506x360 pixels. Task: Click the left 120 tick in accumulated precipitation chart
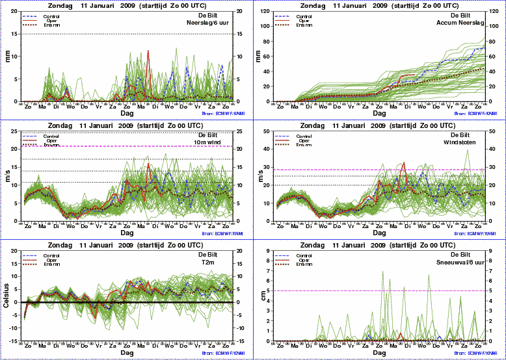click(269, 11)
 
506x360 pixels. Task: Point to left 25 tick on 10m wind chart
click(16, 131)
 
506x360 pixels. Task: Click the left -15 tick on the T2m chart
click(14, 341)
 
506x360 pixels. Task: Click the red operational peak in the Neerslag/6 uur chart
click(148, 51)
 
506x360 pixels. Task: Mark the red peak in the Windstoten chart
click(405, 163)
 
